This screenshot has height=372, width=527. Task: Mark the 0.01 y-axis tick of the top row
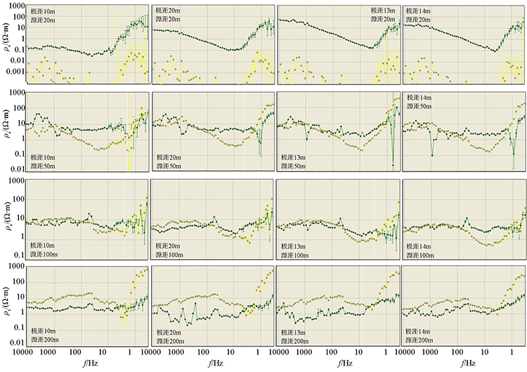(x=18, y=60)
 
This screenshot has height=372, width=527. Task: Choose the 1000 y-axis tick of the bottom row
(x=17, y=265)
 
